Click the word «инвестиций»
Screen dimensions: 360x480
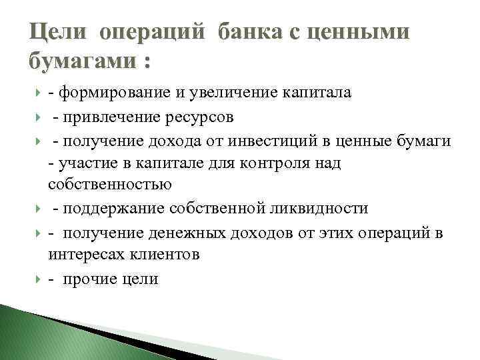296,141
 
